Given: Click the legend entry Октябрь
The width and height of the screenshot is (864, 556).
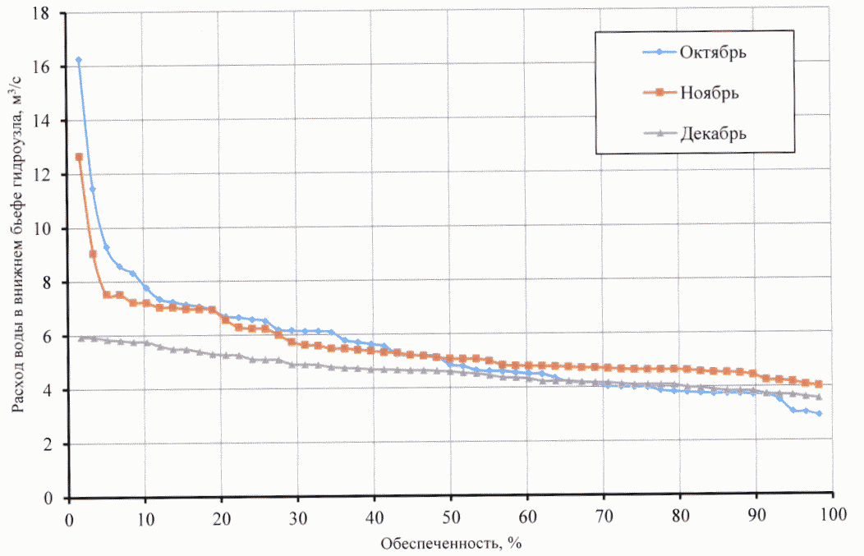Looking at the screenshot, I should (712, 53).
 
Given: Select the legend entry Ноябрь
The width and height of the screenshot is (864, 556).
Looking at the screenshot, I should (710, 92).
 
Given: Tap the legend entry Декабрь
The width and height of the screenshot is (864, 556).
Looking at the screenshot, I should (713, 132).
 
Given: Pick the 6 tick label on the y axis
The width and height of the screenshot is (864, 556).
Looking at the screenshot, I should (48, 338).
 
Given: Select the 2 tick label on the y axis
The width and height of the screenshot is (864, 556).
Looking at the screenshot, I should (48, 445).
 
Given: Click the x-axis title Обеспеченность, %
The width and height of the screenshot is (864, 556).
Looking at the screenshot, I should (451, 543).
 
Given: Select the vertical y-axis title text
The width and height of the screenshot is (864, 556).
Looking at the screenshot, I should (16, 255).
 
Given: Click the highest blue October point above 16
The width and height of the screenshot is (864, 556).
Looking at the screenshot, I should (79, 60).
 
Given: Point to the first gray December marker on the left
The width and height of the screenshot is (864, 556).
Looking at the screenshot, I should (80, 338).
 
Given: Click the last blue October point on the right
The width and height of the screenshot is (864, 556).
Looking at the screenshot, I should (819, 414).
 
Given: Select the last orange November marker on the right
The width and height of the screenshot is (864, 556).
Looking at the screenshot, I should (818, 384).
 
